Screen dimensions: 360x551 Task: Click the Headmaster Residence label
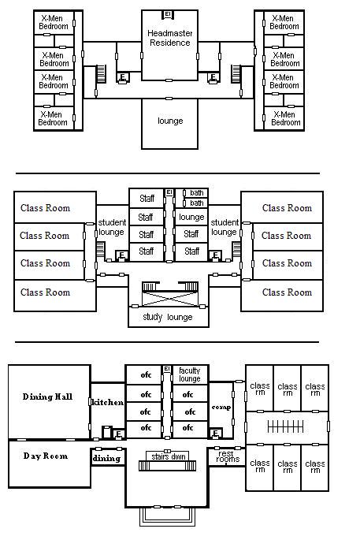coord(169,38)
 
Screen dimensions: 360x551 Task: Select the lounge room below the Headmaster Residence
coord(169,124)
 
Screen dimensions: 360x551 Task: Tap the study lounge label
coord(168,317)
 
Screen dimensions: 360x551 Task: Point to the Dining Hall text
coord(47,396)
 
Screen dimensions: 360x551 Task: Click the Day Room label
coord(46,456)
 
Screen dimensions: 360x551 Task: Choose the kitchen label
coord(107,402)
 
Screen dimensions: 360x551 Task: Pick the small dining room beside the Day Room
coord(108,457)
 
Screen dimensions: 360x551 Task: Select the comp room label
coord(221,408)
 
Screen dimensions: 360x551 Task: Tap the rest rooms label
coord(228,456)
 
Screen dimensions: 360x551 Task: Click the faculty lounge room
coord(190,374)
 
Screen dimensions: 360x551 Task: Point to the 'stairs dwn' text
coord(169,456)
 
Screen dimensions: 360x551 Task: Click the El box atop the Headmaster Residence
coord(168,14)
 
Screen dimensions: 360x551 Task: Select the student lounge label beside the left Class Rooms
coord(112,227)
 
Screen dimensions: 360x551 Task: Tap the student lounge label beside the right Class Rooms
coord(224,227)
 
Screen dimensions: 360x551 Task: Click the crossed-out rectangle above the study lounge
coord(170,298)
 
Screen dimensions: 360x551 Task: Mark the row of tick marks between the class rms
coord(285,427)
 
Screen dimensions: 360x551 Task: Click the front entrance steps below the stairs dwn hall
coord(168,516)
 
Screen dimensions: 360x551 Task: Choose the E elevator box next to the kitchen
coord(119,434)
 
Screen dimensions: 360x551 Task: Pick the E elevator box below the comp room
coord(216,434)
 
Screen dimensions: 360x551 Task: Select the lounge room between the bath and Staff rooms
coord(191,217)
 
